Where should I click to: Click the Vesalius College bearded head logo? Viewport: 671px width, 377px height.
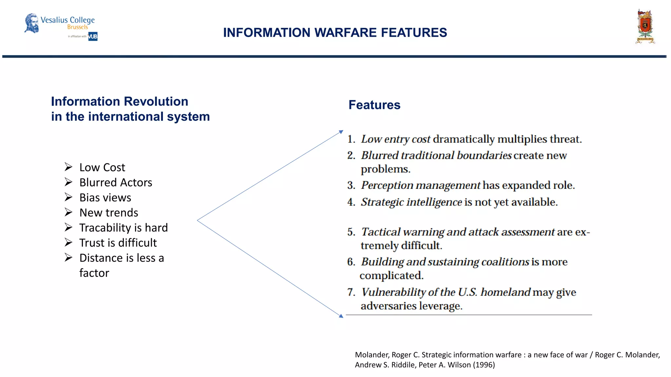pos(31,23)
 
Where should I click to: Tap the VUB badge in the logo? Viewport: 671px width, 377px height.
pos(93,36)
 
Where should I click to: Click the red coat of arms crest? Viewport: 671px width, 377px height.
pos(645,27)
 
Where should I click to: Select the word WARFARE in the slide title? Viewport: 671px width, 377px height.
pos(345,33)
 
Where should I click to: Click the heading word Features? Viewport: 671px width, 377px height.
pos(374,105)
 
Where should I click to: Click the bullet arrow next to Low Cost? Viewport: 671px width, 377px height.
pos(68,167)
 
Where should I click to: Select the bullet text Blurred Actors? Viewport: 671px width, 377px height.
pos(116,183)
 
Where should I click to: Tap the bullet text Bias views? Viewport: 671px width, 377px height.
pos(105,198)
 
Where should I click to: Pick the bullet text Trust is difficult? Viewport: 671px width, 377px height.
pos(118,243)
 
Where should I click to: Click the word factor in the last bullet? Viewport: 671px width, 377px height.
pos(94,273)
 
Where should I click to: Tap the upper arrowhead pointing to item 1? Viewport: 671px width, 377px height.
pos(341,132)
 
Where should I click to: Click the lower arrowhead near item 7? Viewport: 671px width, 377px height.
pos(341,316)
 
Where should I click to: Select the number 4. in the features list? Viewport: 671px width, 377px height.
pos(351,202)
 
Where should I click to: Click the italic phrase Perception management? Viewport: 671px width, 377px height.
pos(421,186)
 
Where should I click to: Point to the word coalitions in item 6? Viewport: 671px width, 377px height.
pos(505,262)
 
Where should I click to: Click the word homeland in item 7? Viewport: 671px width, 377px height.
pos(505,292)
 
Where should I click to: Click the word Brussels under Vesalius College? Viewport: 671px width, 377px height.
pos(78,27)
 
